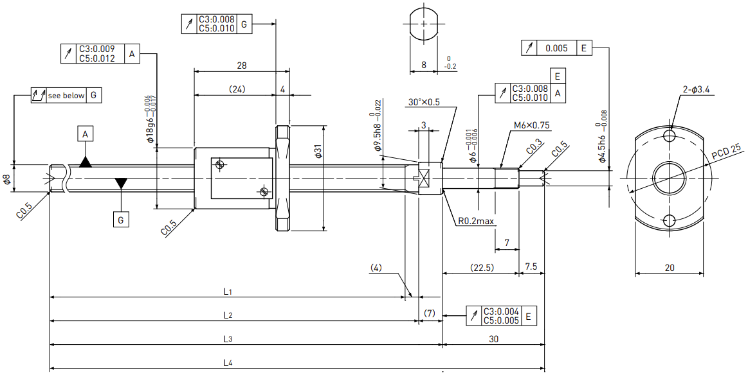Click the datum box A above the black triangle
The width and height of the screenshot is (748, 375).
point(85,135)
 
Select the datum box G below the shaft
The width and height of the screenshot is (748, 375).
point(121,220)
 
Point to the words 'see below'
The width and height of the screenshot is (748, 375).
point(66,96)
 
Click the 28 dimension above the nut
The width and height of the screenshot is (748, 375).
point(242,65)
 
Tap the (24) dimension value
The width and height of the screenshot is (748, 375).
point(237,89)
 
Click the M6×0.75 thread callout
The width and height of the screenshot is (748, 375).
point(531,125)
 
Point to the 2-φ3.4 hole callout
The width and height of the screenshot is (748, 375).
point(696,89)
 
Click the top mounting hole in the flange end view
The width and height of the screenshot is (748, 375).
point(670,137)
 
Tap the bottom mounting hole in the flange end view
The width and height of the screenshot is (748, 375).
point(670,221)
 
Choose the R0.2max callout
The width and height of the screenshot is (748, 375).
point(475,221)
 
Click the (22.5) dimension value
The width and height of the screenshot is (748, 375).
point(481,267)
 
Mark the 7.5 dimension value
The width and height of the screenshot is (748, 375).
point(531,267)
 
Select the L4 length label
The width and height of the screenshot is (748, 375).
point(228,363)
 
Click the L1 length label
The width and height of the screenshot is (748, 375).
point(228,291)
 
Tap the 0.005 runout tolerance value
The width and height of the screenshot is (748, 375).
point(556,48)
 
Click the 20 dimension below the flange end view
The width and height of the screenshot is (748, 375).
point(670,268)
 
